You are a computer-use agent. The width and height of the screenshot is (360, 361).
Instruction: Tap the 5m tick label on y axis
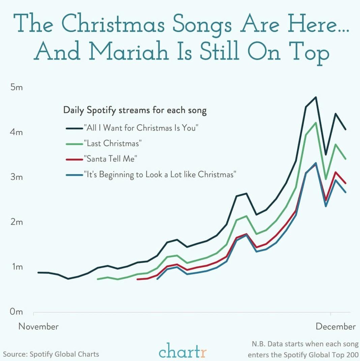pos(16,88)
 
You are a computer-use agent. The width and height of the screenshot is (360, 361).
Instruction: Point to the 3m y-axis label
pos(16,177)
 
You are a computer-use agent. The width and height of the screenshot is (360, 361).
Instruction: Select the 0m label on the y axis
pos(16,312)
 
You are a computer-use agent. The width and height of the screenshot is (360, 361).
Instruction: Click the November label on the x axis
pos(38,326)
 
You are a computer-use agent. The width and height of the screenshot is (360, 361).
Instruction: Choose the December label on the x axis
pos(335,326)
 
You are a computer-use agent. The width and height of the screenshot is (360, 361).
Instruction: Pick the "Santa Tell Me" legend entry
pos(110,159)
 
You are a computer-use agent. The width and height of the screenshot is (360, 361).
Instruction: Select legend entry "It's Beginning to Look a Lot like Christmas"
pos(159,175)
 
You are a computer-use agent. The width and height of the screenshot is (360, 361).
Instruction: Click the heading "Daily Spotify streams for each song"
pos(135,110)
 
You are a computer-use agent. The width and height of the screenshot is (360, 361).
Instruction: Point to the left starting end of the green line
pos(97,279)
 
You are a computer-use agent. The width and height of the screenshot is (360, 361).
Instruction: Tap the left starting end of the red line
pos(137,279)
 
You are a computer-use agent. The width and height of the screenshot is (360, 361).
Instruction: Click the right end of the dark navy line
pos(346,129)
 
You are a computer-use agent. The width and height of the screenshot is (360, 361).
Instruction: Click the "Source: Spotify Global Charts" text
pos(51,354)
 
